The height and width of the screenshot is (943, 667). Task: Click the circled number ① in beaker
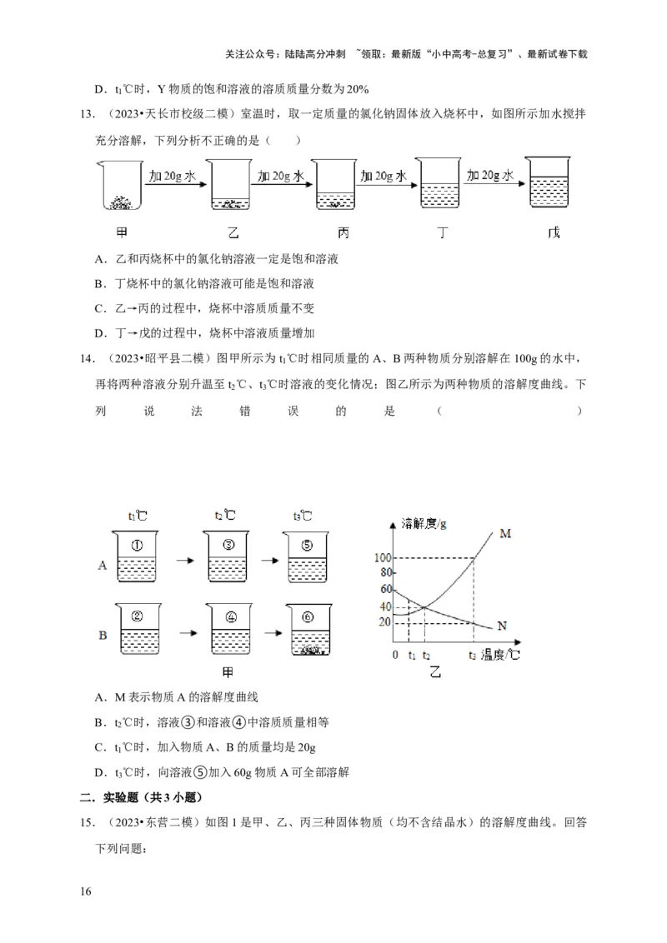[x=138, y=546]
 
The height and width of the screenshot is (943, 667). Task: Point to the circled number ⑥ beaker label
[x=308, y=618]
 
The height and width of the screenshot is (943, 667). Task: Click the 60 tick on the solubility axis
[x=384, y=589]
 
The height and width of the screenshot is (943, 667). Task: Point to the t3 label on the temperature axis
[x=473, y=656]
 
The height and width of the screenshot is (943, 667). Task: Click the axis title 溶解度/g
[x=424, y=523]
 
